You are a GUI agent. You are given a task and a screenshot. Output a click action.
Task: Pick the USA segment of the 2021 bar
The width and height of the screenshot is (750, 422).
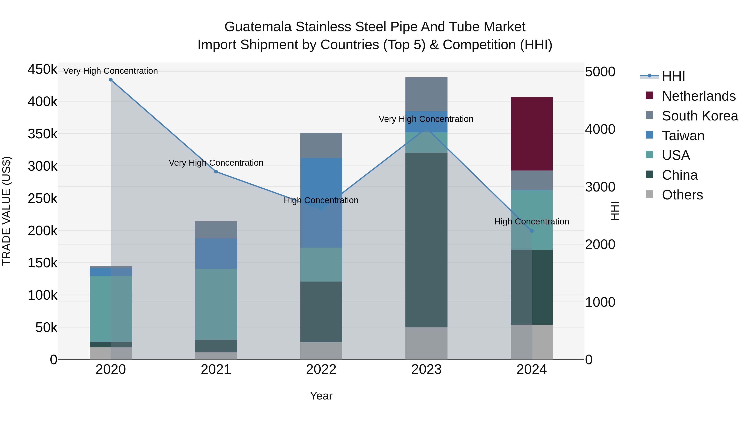click(216, 304)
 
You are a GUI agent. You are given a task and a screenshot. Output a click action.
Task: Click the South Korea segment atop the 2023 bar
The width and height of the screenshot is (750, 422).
click(426, 94)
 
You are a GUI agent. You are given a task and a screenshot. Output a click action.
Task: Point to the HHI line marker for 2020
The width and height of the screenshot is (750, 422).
click(111, 80)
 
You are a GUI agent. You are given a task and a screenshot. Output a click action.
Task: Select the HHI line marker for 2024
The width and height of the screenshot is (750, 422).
click(532, 231)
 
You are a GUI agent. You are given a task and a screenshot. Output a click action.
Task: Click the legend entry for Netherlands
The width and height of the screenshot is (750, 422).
click(699, 96)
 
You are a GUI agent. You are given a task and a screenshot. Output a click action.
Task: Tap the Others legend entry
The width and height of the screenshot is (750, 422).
click(682, 195)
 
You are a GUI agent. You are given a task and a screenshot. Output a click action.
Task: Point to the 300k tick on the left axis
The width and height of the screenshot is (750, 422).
click(42, 167)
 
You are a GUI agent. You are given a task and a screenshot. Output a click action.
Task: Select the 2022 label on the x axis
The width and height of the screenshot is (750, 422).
click(321, 369)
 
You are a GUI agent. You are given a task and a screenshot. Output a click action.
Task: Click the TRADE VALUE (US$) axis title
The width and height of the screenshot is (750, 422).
click(6, 211)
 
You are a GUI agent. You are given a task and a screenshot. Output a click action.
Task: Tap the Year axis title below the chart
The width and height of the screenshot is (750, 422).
click(321, 396)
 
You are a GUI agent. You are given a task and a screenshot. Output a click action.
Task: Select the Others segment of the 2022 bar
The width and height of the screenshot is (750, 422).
click(321, 351)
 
